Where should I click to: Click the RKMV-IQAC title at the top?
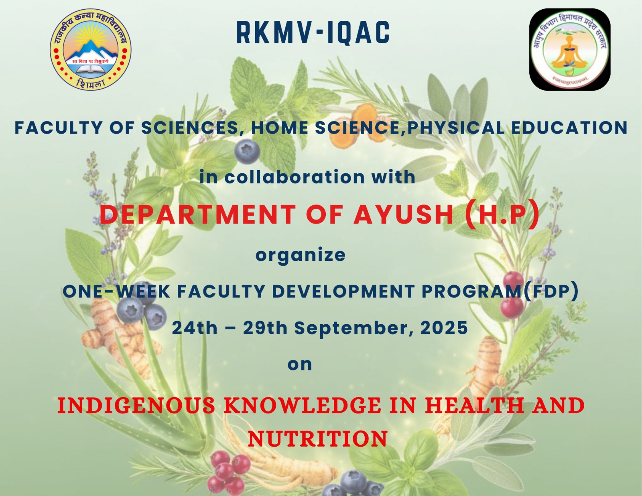coord(313,33)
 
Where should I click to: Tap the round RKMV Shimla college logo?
coord(90,49)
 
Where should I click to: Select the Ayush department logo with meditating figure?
coord(570,49)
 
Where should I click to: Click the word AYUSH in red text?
coord(403,214)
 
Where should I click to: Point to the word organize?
coord(301,255)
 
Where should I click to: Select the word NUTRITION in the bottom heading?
coord(318,439)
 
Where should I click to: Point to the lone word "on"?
coord(300,364)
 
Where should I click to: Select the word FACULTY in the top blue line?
coord(59,128)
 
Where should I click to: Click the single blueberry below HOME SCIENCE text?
coord(247,152)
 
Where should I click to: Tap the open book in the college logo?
coord(90,69)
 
